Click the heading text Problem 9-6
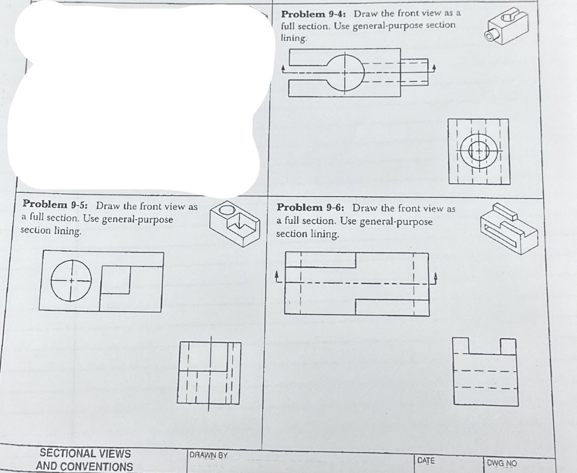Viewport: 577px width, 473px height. pyautogui.click(x=311, y=208)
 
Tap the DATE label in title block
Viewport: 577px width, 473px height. pyautogui.click(x=426, y=460)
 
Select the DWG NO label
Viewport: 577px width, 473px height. pyautogui.click(x=502, y=463)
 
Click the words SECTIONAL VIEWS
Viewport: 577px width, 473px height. pyautogui.click(x=85, y=453)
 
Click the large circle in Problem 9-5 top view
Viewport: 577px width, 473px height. pyautogui.click(x=71, y=281)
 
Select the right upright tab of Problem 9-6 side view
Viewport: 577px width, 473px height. pyautogui.click(x=508, y=346)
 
